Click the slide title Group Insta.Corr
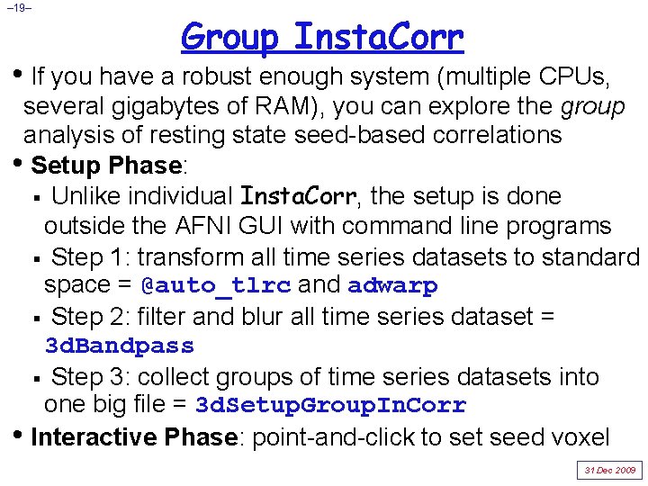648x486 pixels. pos(322,38)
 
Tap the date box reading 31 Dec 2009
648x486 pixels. pos(610,470)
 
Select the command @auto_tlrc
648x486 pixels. pos(216,286)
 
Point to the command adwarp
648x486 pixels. pos(392,286)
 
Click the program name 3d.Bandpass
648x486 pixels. pos(120,346)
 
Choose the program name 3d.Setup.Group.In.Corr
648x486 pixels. pos(331,406)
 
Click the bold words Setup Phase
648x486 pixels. pos(106,166)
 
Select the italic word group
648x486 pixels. pos(592,107)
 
